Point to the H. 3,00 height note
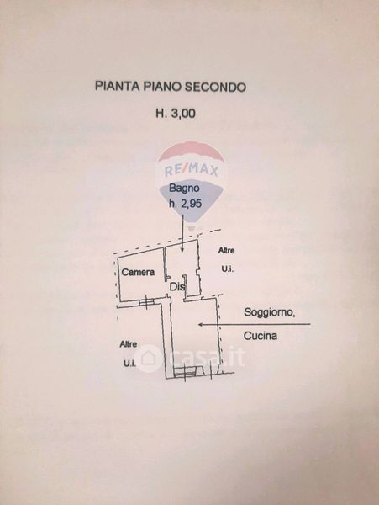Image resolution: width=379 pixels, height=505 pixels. pos(176,114)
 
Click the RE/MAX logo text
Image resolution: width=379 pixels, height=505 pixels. pos(192,169)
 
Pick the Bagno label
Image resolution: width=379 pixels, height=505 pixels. pos(184,188)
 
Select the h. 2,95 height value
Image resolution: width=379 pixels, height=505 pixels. pos(186,204)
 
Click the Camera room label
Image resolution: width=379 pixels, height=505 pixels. pos(138,272)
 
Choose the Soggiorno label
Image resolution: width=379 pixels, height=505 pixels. pos(270,312)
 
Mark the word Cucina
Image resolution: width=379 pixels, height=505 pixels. pos(260,336)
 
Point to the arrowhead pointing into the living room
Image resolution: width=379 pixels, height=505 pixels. pos(201,324)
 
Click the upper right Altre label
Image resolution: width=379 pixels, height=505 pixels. pos(226,250)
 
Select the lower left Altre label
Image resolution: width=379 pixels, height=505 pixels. pos(129,344)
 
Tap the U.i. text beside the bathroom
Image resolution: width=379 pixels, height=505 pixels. pos(227,268)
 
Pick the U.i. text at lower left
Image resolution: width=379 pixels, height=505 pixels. pos(129,364)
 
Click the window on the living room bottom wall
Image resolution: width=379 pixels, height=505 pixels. pos(185,372)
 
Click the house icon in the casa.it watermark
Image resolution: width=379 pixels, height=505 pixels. pos(148,358)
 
